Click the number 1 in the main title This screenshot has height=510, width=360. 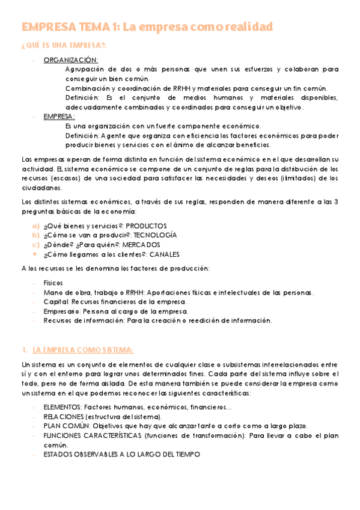114,27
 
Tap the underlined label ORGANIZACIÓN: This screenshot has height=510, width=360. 71,60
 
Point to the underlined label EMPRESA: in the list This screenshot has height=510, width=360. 59,117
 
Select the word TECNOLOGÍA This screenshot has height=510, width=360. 155,235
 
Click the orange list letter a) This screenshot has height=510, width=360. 36,226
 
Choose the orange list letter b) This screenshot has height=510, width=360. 36,235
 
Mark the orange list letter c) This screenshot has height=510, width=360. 36,245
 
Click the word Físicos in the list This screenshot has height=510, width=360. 53,283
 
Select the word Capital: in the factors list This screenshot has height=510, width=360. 56,302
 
